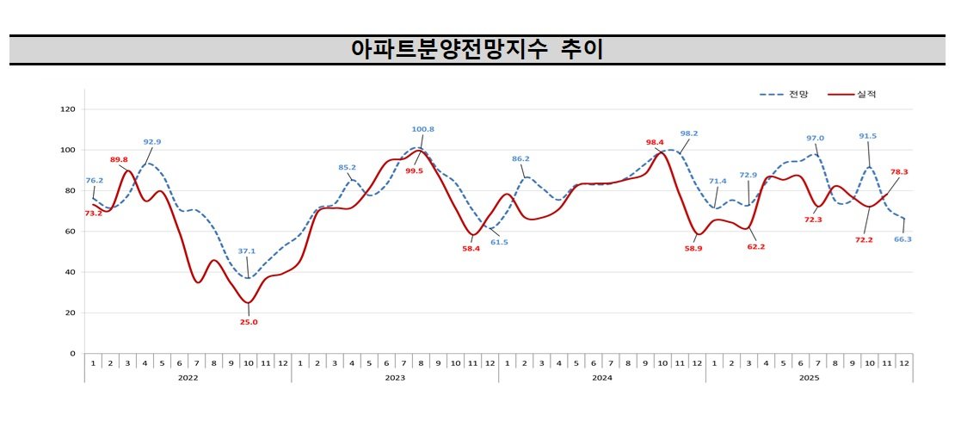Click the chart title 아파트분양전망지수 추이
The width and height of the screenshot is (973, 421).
pos(477,50)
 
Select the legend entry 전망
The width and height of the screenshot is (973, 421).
pos(797,94)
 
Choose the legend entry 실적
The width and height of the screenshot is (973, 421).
pos(865,94)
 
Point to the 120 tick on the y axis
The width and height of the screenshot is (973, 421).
pos(68,109)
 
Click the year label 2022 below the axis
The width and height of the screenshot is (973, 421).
pos(188,377)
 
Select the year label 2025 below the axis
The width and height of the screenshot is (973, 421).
pos(809,377)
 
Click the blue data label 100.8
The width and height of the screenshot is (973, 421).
pos(422,129)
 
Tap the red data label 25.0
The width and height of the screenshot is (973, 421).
pos(249,322)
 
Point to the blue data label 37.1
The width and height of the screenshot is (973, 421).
pos(246,251)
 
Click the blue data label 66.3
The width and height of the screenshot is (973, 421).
pos(902,239)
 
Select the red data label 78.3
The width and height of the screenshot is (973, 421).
pos(899,172)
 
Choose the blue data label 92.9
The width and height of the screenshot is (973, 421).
pos(152,142)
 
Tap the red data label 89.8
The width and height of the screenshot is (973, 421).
pos(119,159)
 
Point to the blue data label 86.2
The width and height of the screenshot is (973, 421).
pos(520,158)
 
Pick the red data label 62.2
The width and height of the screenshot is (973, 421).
pos(756,247)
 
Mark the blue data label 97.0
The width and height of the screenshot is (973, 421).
pos(815,138)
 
